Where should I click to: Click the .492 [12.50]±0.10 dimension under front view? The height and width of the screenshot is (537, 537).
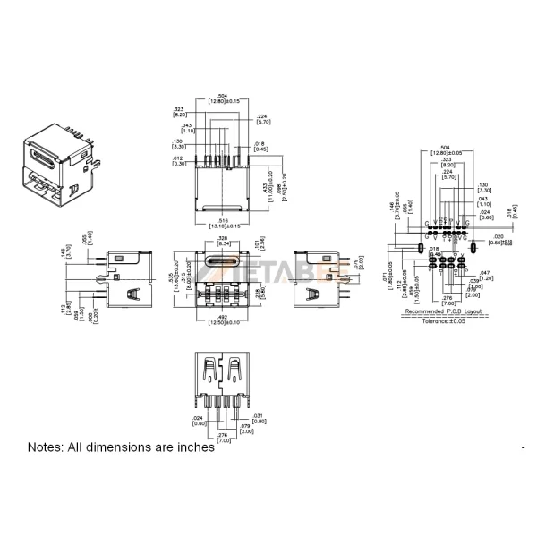click(219, 320)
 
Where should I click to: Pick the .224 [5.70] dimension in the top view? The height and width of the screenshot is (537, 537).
click(263, 119)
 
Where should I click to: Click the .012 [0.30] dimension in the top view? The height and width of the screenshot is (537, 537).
click(177, 161)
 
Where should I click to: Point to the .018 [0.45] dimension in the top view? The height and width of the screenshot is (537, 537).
click(259, 147)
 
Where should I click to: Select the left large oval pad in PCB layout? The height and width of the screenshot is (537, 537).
click(419, 246)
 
